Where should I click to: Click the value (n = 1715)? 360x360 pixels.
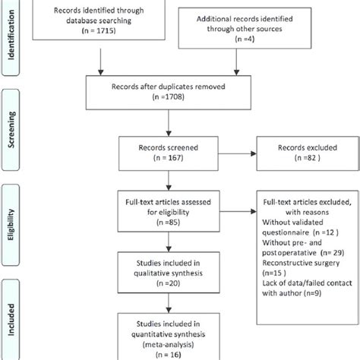96,36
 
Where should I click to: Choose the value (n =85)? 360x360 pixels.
160,224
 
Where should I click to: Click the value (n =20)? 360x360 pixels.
160,283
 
